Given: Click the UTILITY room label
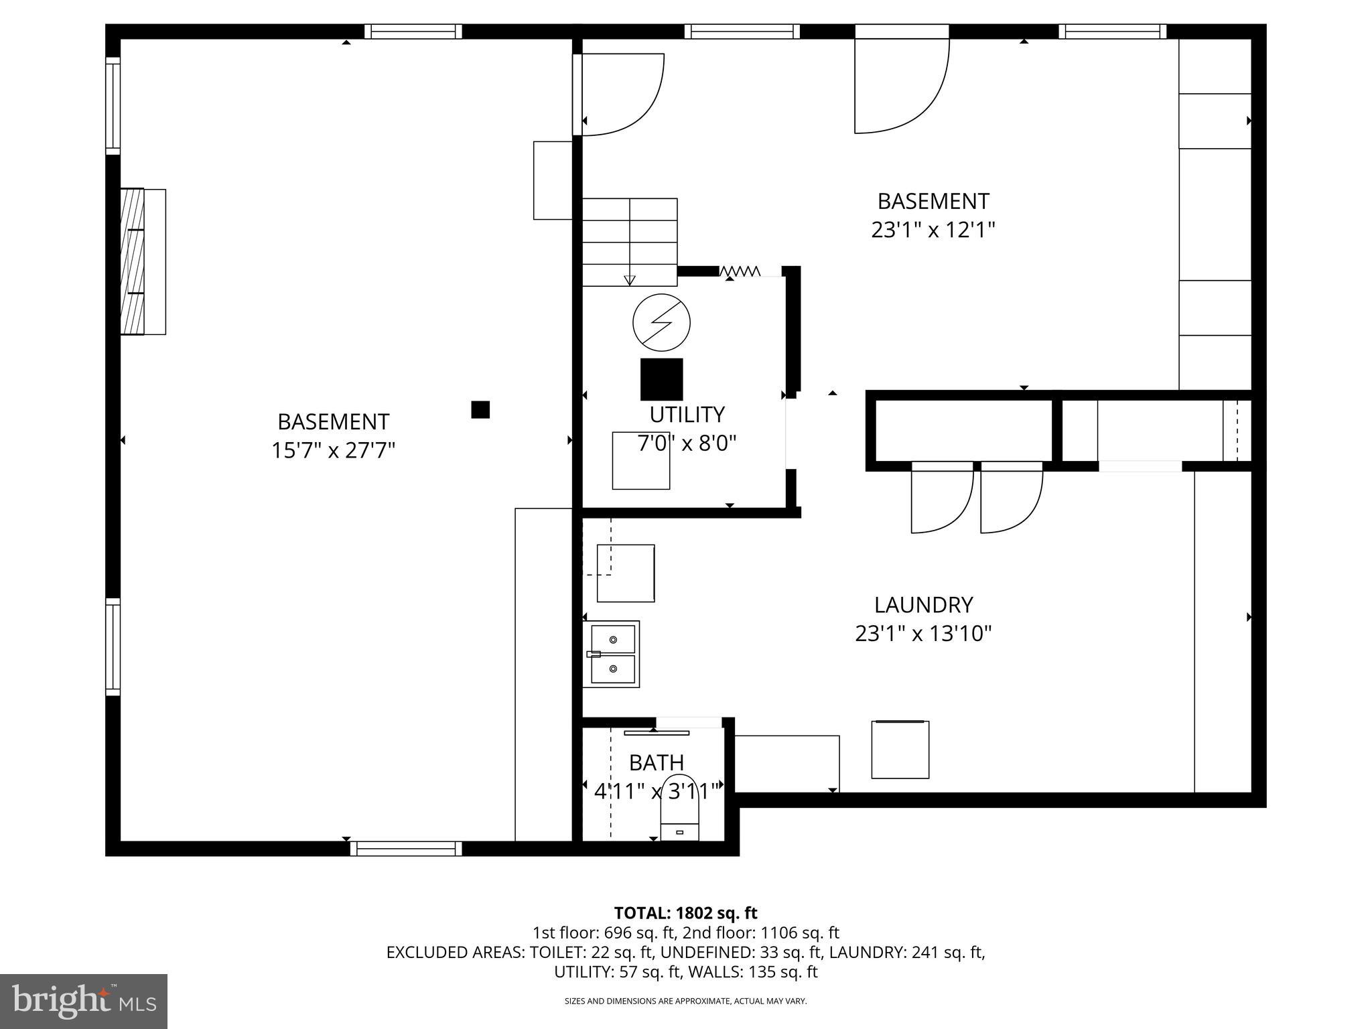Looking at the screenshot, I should coord(687,415).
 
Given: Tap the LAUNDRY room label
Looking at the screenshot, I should coord(922,605).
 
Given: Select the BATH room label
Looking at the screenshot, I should coord(656,762).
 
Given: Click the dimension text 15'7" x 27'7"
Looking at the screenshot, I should coord(333,450).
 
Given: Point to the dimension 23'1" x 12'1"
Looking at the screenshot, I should coord(933,230).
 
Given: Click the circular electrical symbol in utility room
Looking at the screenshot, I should coord(661,322).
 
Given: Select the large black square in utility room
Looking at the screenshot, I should coord(661,379).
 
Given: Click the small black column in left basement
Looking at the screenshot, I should coord(480,409).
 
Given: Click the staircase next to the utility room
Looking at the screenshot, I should coord(629,241).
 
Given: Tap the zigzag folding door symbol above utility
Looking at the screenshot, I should coord(740,271).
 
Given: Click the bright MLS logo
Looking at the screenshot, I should coord(84,1001).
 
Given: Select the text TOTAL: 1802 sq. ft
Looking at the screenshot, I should coord(685,913).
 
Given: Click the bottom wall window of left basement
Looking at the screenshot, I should coord(406,849).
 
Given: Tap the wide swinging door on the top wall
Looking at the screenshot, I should coord(902,84).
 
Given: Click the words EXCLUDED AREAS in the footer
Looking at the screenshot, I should coord(456,952).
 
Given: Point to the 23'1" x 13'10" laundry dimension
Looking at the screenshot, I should coord(922,633).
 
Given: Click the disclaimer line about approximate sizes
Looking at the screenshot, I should coord(685,1002).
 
